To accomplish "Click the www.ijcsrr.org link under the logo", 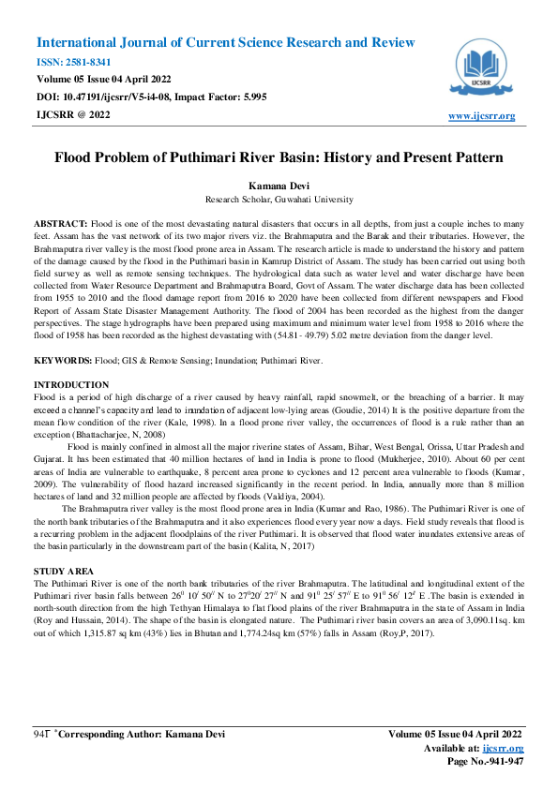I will click(482, 115).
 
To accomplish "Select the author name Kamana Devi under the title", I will click(279, 187).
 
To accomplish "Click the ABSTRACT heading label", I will click(61, 226).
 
